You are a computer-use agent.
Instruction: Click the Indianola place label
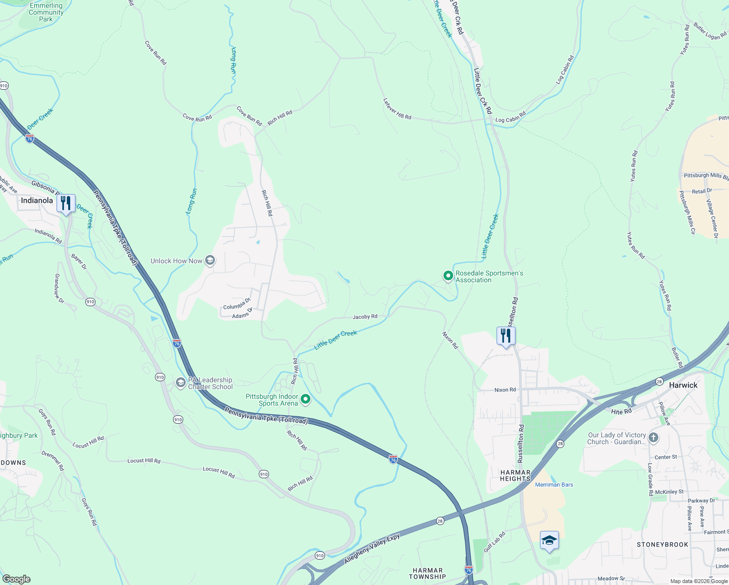(37, 200)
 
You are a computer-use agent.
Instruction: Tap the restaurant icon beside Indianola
(66, 203)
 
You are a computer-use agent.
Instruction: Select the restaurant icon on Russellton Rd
(506, 336)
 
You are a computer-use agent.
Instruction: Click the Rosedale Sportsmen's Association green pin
(448, 276)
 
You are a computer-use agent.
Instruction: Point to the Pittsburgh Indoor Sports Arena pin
(306, 399)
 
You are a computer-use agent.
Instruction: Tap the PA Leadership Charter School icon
(181, 383)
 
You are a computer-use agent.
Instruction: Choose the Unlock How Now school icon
(210, 261)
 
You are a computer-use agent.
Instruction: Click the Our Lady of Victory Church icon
(653, 438)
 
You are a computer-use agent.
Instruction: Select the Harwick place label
(683, 385)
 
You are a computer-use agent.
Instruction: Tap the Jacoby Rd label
(364, 317)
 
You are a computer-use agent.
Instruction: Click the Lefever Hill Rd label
(397, 109)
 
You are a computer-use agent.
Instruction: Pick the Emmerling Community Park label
(46, 12)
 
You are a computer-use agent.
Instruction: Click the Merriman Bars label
(554, 485)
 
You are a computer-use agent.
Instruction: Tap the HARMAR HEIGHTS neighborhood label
(515, 475)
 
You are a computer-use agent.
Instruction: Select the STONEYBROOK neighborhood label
(662, 545)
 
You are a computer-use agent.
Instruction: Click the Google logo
(16, 579)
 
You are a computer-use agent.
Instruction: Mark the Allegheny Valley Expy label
(372, 549)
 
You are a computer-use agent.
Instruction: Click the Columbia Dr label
(237, 304)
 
